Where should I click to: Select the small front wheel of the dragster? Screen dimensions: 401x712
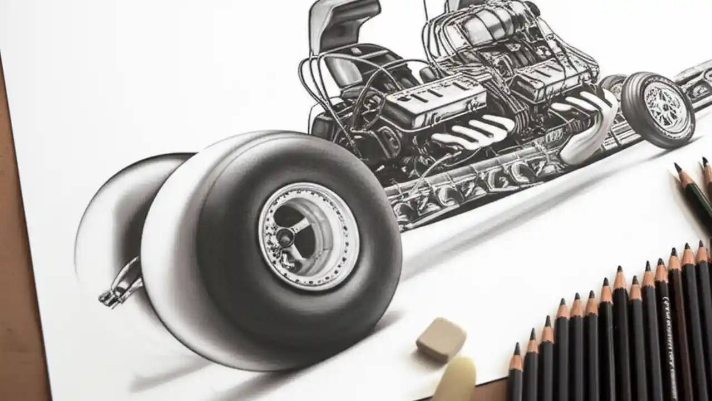point(657,109)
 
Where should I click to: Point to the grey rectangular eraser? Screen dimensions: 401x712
point(441,339)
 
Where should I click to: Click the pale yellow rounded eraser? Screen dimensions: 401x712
point(455,381)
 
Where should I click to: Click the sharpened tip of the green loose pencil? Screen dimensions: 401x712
point(678,167)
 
